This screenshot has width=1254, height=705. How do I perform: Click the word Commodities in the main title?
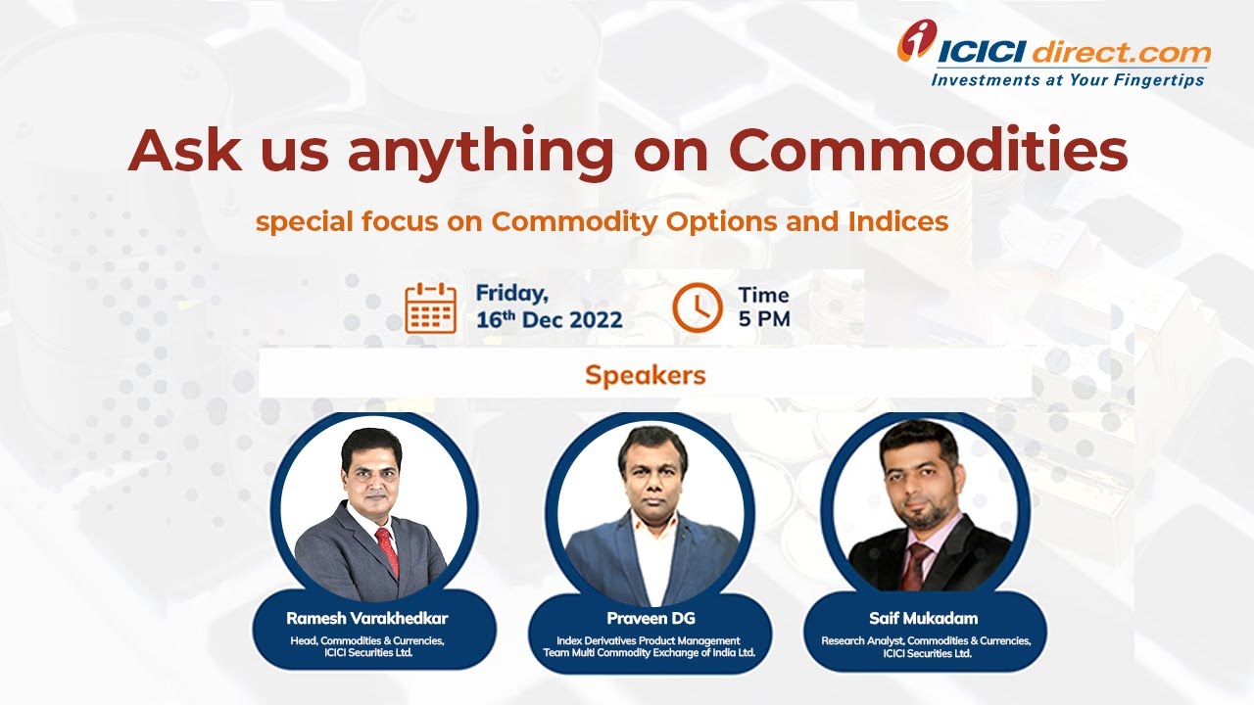tap(928, 150)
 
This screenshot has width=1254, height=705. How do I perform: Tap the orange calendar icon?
tap(430, 308)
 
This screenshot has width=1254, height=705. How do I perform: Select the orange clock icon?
tap(698, 307)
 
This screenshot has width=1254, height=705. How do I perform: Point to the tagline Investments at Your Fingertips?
tap(1068, 80)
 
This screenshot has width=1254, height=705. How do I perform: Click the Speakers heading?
tap(646, 375)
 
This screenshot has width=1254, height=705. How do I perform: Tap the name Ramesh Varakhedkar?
tap(367, 618)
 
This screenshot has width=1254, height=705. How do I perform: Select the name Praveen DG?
tap(651, 618)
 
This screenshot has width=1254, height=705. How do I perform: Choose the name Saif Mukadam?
tap(924, 618)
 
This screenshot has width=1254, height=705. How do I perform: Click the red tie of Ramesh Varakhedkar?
tap(387, 551)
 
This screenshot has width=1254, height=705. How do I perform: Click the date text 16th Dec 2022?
tap(550, 319)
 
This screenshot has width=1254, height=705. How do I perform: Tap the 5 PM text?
tap(764, 319)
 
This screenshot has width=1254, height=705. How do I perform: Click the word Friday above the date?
tap(511, 294)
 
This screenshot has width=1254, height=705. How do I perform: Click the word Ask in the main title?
tap(185, 150)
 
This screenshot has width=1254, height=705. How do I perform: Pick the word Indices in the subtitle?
tap(898, 221)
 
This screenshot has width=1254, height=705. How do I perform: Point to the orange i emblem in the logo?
tap(916, 40)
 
